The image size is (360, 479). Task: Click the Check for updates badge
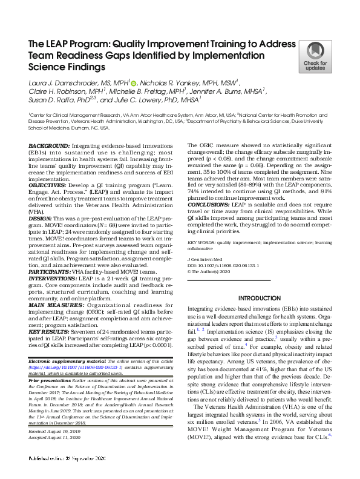coord(315,57)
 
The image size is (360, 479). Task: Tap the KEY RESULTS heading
coord(50,332)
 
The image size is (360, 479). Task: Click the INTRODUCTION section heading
coord(260,299)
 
